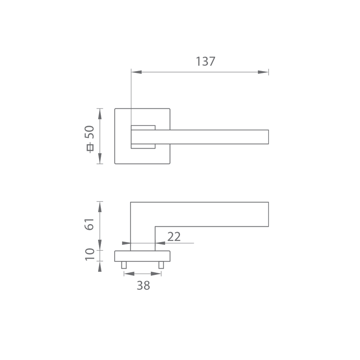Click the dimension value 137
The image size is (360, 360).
(x=206, y=62)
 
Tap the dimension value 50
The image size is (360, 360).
(x=89, y=132)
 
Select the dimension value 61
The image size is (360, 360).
(x=89, y=224)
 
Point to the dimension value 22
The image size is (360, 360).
(x=174, y=237)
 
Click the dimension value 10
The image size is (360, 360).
(x=90, y=254)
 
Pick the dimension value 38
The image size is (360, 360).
(x=144, y=286)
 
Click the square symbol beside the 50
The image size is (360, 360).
(x=90, y=148)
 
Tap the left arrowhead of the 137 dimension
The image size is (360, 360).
(x=137, y=72)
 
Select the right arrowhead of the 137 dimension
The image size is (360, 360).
(x=263, y=72)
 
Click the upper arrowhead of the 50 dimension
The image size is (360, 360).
(x=99, y=114)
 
